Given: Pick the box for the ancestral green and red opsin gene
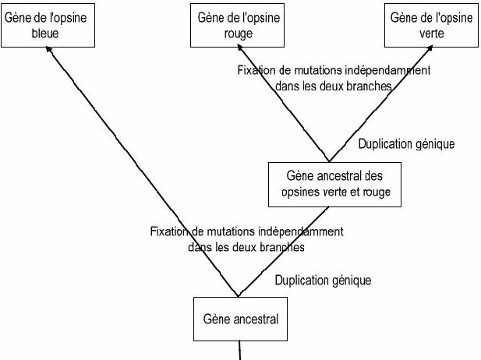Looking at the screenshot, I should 333,183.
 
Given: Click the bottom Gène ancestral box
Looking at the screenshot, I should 240,319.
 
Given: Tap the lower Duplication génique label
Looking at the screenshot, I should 323,279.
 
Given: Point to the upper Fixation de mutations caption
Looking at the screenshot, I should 334,78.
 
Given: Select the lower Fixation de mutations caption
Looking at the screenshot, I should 246,238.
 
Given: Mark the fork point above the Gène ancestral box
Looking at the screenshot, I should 238,296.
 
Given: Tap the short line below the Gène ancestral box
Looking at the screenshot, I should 240,350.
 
